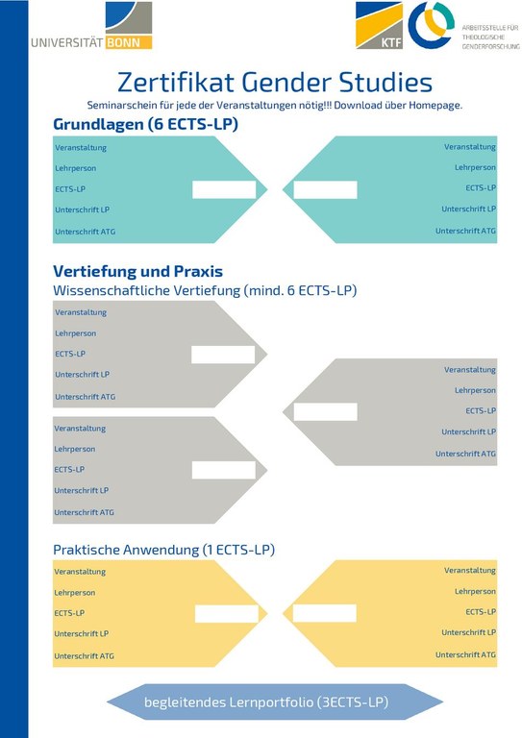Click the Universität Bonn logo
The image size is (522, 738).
click(90, 27)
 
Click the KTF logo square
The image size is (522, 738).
click(379, 25)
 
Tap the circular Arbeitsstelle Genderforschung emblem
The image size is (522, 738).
click(429, 25)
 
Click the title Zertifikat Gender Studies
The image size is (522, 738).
click(274, 82)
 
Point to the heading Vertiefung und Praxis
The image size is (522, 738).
click(137, 271)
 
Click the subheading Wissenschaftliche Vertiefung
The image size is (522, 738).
click(205, 290)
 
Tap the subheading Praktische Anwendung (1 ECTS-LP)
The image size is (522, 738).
click(163, 550)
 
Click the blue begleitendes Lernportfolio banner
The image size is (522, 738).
click(266, 702)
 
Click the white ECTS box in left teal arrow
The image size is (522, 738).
click(224, 189)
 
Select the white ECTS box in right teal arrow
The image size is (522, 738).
click(325, 189)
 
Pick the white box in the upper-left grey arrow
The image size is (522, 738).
click(223, 355)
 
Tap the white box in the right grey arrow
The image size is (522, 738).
click(325, 411)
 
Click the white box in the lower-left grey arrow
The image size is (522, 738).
click(223, 470)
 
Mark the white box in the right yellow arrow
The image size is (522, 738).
click(324, 613)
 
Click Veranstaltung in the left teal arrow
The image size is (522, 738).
click(81, 148)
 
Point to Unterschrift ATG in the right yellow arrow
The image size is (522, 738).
click(465, 654)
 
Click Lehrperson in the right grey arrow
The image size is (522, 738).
click(475, 390)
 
